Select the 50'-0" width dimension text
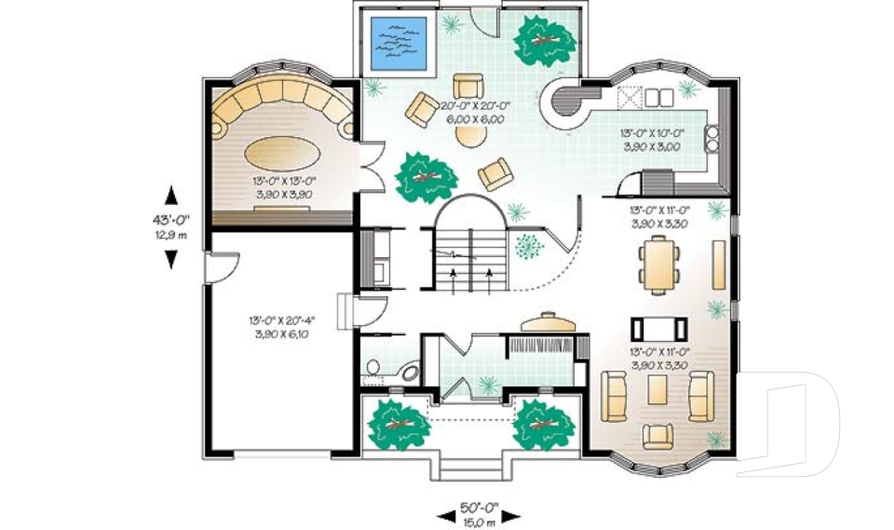pyautogui.click(x=480, y=509)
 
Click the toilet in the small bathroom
pyautogui.click(x=372, y=369)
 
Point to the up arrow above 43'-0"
pyautogui.click(x=170, y=195)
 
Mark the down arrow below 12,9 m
pyautogui.click(x=170, y=260)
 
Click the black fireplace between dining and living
pyautogui.click(x=659, y=328)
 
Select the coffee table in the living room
pyautogui.click(x=657, y=389)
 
